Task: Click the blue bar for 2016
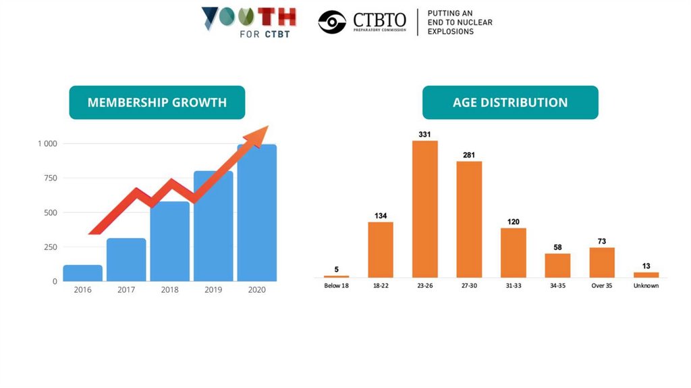pos(82,273)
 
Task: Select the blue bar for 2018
pos(169,241)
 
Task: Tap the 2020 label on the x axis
pos(256,290)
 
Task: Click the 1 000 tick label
pos(47,144)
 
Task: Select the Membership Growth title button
pos(157,103)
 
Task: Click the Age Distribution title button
pos(510,103)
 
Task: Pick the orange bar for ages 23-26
pos(424,209)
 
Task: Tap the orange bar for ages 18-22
pos(381,249)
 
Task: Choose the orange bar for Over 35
pos(601,262)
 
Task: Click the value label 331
pos(424,135)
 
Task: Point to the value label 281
pos(469,155)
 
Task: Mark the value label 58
pos(557,247)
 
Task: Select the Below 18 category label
pos(336,286)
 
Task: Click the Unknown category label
pos(646,286)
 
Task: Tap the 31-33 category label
pos(513,286)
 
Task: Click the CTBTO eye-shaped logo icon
pos(332,22)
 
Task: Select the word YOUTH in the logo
pos(249,18)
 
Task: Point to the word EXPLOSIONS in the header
pos(451,32)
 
